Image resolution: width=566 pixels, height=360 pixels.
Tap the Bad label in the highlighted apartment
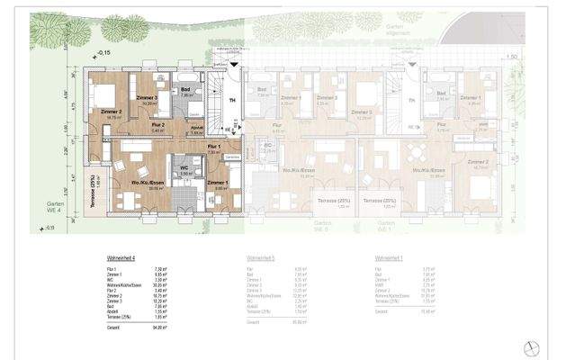coord(185,90)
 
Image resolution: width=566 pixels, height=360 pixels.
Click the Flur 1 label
coord(213,146)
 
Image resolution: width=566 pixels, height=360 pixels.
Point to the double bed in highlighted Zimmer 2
coord(103,95)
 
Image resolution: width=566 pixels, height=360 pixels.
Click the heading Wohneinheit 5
coord(261,257)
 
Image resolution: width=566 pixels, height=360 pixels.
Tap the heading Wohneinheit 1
coord(388,257)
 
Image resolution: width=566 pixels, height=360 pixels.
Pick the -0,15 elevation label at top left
coord(104,54)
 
